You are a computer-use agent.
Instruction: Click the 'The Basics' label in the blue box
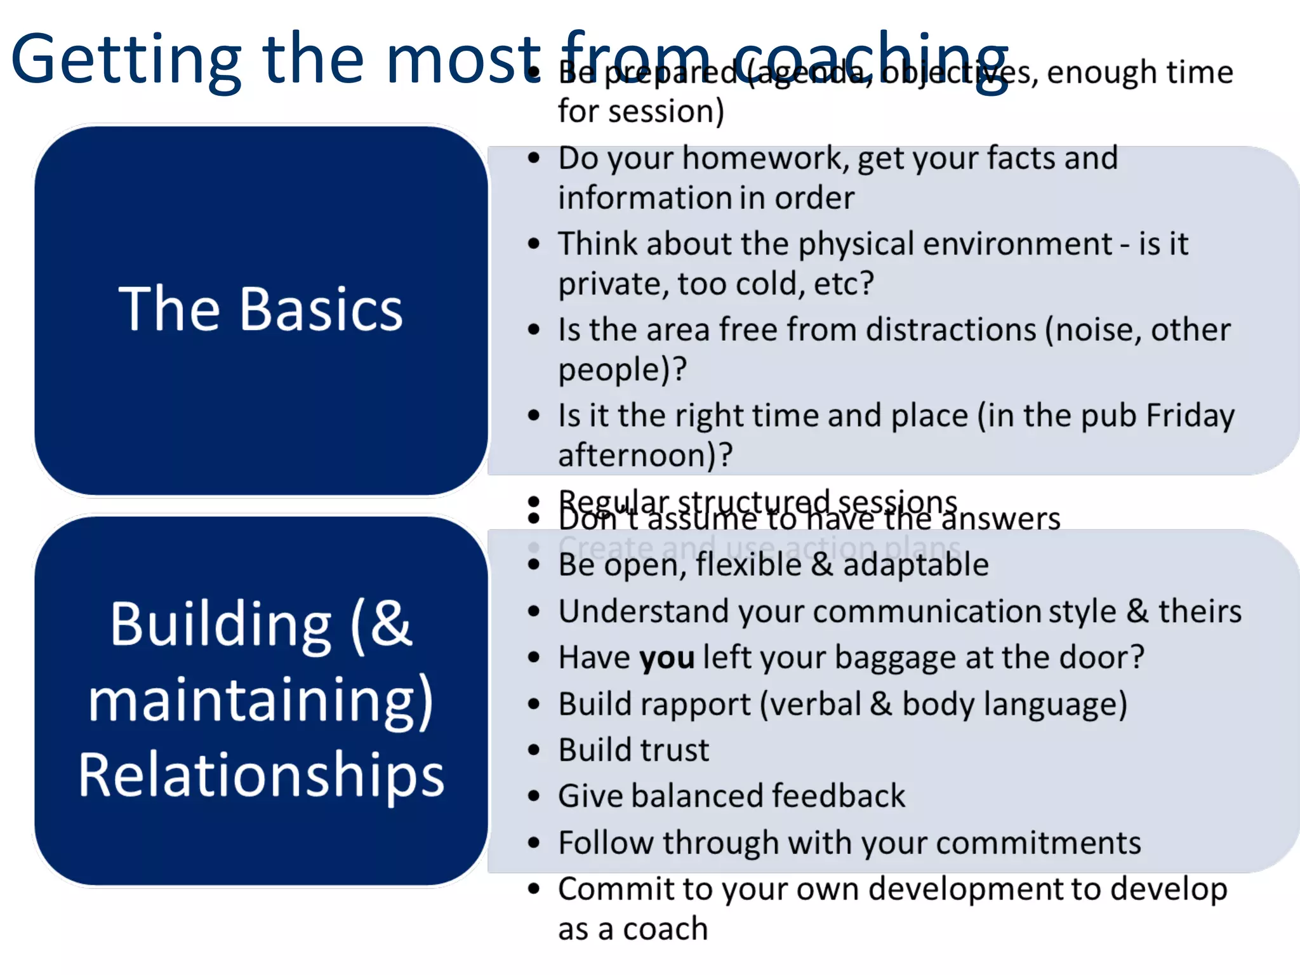[x=260, y=309]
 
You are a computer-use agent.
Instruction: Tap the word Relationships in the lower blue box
[x=261, y=776]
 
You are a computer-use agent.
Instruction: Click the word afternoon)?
[x=645, y=455]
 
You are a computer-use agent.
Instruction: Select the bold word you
[x=667, y=658]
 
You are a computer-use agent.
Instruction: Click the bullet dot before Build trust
[x=534, y=750]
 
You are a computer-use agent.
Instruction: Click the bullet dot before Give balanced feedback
[x=534, y=796]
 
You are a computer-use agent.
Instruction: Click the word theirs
[x=1200, y=611]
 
